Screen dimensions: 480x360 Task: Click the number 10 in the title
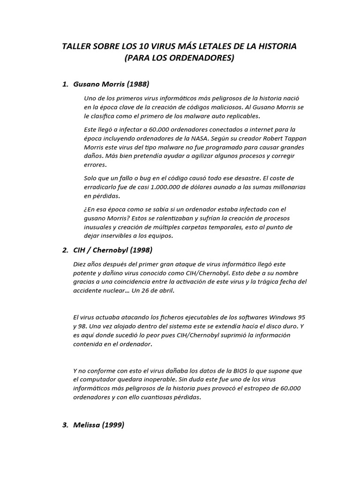coord(144,46)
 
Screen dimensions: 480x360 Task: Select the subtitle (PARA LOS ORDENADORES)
coord(180,58)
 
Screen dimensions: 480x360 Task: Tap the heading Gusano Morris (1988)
coord(112,84)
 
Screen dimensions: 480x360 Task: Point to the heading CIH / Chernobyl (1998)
coord(113,250)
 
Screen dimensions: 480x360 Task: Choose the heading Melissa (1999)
coord(99,425)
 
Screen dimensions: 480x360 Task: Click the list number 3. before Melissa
coord(65,425)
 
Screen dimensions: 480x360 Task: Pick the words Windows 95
coord(284,317)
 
